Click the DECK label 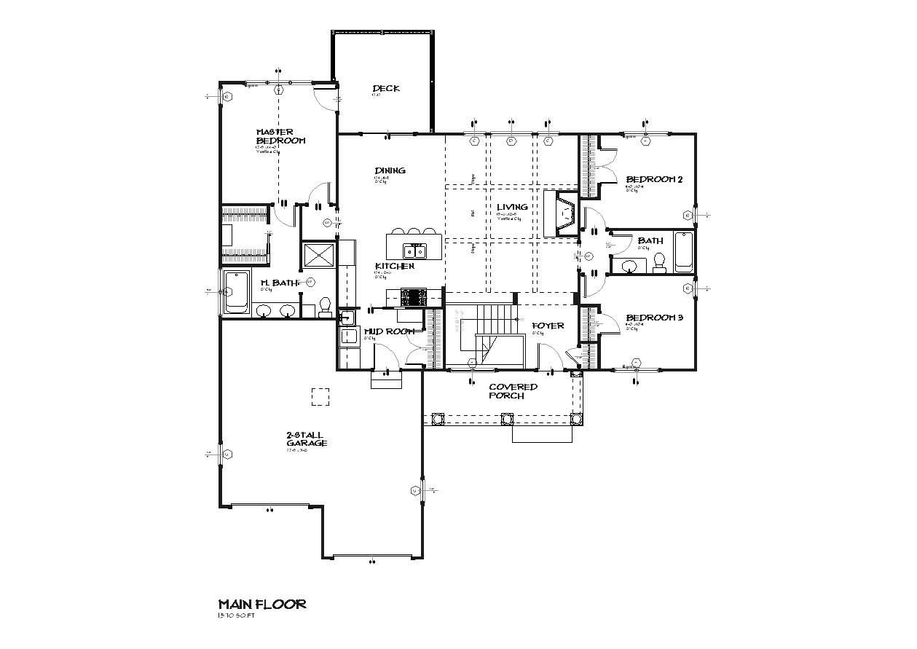point(386,89)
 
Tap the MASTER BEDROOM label point(280,136)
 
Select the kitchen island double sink point(416,252)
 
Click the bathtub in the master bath point(237,293)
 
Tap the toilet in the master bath point(325,305)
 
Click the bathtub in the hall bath point(683,252)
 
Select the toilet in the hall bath point(660,261)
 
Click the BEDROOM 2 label point(654,179)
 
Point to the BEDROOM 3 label point(654,318)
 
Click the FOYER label point(548,326)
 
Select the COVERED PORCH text point(513,391)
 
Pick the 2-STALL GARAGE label point(306,438)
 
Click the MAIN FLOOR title point(262,604)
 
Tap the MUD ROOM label point(388,331)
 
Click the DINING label point(390,170)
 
